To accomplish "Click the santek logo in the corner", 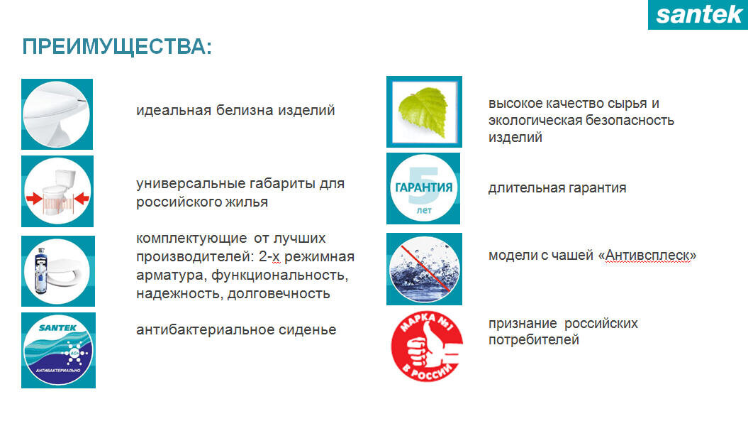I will pyautogui.click(x=698, y=14).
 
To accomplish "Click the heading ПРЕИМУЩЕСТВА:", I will pyautogui.click(x=117, y=48).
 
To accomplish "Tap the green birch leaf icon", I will pyautogui.click(x=423, y=111).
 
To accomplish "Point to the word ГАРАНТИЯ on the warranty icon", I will pyautogui.click(x=423, y=188).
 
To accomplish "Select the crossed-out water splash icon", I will pyautogui.click(x=423, y=268).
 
